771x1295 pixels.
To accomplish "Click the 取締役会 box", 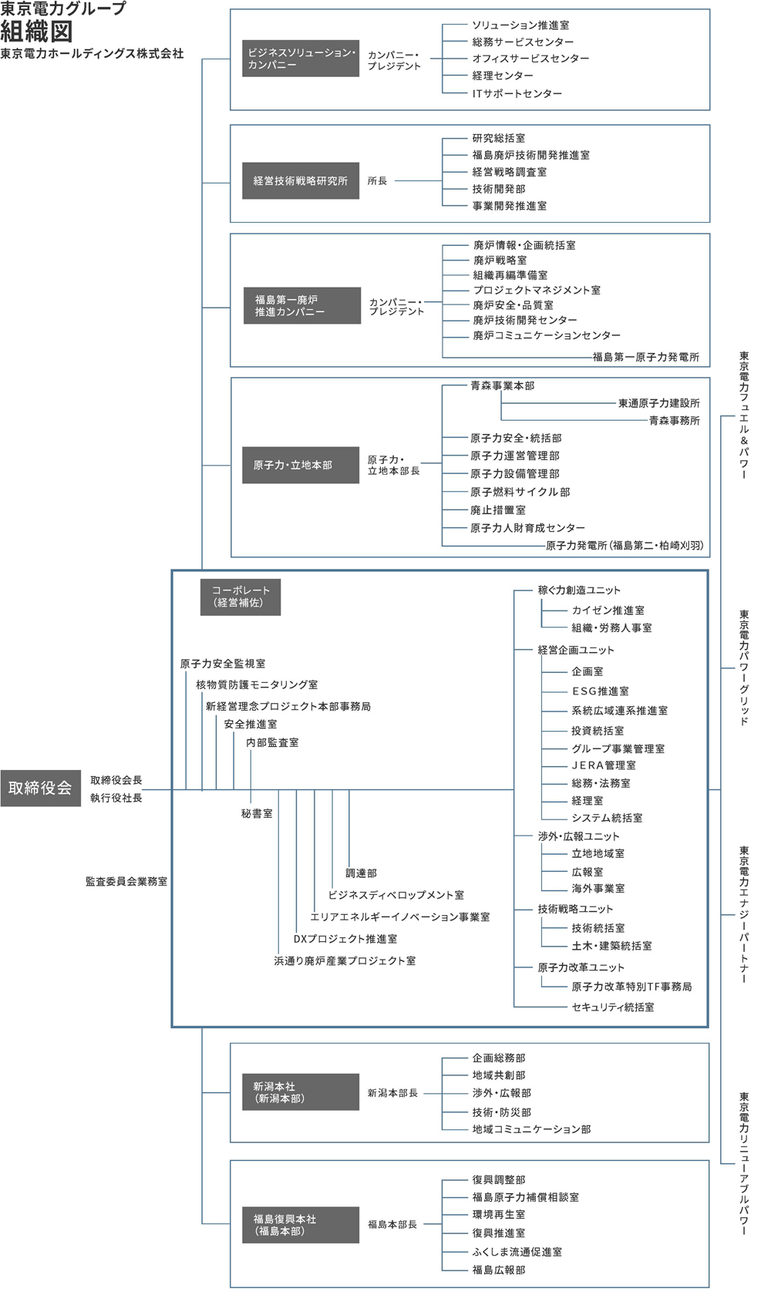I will [40, 788].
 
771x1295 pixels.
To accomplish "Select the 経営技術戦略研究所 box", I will [300, 181].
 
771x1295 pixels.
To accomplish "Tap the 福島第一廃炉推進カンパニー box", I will [301, 306].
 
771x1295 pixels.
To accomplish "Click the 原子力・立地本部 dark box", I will [300, 466].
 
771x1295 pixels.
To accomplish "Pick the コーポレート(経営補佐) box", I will [241, 597].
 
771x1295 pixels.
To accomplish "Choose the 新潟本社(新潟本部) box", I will [300, 1092].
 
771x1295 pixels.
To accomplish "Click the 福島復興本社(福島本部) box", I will [300, 1225].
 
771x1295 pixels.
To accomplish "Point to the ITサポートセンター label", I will [517, 93].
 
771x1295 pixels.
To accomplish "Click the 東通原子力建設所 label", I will [658, 403].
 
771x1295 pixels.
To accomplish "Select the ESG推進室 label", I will [600, 691].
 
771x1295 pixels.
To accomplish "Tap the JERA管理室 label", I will [603, 765].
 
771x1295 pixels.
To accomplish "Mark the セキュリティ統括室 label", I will [612, 1007].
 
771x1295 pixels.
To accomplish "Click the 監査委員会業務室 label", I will [126, 881].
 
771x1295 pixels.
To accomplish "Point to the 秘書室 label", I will [257, 813].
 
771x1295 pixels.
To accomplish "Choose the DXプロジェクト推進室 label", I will [345, 939].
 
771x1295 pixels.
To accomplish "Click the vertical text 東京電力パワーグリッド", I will [744, 668].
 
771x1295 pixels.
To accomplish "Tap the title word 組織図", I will [36, 32].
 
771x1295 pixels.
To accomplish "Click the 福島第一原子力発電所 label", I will [645, 357].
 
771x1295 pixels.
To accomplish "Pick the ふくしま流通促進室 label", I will [517, 1252].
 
